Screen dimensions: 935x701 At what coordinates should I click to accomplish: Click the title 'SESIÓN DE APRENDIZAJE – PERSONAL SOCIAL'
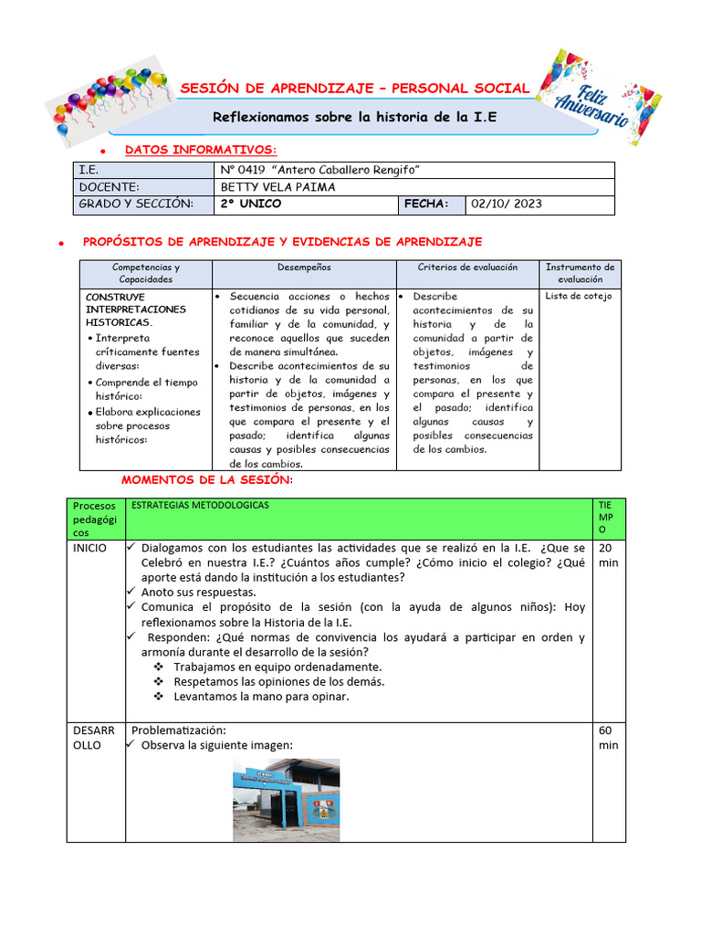point(354,88)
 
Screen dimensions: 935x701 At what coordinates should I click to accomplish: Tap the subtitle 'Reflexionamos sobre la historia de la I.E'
point(354,117)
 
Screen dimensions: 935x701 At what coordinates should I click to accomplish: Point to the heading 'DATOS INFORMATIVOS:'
point(200,150)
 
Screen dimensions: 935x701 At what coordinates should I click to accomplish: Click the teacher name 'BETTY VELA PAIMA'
point(278,187)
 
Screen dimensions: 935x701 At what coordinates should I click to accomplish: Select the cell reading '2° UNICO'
point(251,204)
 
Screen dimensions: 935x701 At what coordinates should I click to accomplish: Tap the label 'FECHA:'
point(427,204)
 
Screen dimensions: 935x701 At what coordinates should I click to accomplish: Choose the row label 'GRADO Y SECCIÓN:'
point(136,204)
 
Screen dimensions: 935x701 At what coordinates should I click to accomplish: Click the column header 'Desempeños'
point(304,268)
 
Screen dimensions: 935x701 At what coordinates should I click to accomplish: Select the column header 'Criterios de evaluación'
point(466,268)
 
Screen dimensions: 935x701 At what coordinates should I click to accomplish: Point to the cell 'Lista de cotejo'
point(579,296)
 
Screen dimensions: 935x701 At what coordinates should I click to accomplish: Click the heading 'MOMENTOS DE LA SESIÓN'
point(205,480)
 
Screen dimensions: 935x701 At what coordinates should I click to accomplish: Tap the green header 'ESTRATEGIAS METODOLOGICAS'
point(201,505)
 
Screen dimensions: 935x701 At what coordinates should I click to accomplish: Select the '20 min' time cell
point(607,555)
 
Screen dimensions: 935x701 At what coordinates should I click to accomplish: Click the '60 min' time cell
point(607,738)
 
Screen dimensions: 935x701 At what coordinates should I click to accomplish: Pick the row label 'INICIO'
point(90,548)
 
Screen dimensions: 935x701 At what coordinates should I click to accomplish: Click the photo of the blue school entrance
point(286,799)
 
